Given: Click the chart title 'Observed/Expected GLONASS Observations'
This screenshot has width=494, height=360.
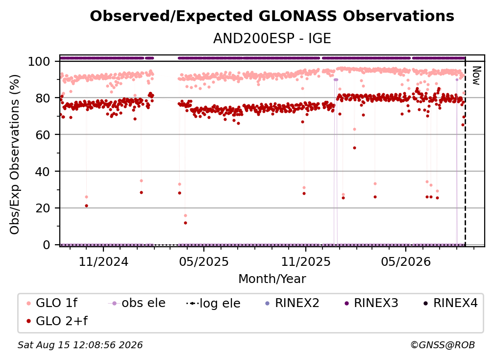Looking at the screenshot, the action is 272,16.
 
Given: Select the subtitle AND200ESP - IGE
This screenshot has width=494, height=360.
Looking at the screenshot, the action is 272,38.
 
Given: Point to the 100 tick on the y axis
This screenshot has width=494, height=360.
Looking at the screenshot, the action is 39,61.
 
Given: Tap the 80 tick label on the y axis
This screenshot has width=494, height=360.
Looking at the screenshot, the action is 43,98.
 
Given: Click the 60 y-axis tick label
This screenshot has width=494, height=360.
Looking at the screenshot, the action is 43,135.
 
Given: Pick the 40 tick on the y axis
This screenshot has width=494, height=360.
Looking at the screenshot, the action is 43,172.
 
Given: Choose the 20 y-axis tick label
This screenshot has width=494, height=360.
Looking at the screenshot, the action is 43,208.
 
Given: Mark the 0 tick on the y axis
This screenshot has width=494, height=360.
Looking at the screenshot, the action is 46,245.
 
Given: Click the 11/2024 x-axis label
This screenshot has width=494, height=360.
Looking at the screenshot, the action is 103,261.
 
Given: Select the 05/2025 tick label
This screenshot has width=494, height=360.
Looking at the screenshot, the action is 204,261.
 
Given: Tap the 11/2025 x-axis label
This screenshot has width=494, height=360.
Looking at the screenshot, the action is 306,261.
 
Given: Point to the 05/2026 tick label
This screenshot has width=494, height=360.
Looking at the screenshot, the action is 406,261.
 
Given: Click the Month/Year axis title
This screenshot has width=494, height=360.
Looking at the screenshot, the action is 272,279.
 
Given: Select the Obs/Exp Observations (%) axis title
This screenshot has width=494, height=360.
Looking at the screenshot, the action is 15,154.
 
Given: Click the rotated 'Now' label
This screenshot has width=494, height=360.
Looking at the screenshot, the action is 476,76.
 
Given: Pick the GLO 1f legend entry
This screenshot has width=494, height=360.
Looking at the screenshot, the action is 52,303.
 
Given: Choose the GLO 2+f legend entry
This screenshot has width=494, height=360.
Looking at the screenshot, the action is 57,321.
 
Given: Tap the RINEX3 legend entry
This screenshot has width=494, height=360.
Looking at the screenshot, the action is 371,303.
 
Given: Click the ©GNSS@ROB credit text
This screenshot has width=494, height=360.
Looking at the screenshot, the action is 443,345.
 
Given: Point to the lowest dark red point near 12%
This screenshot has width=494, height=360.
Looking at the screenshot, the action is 185,223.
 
